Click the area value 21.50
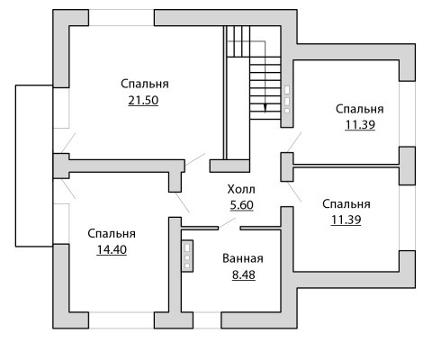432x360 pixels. [143, 101]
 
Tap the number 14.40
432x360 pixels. [112, 249]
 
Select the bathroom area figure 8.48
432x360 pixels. [244, 274]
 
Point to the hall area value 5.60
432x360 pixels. [242, 205]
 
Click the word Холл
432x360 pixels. [241, 190]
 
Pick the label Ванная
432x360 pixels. [243, 258]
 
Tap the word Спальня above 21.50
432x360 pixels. [145, 84]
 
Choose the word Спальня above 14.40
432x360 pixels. [112, 234]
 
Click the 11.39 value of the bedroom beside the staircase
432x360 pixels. [360, 125]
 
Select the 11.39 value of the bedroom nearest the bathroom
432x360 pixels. [346, 220]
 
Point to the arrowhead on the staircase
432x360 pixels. [265, 108]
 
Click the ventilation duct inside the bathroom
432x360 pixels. [187, 256]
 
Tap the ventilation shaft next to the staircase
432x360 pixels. [287, 100]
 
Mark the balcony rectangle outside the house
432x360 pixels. [15, 166]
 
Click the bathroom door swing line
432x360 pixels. [227, 223]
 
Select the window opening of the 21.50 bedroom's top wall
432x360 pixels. [121, 18]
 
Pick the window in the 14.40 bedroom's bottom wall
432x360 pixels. [121, 320]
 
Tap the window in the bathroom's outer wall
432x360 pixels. [207, 320]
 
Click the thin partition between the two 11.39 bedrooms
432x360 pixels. [346, 166]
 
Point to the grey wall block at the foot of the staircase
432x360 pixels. [229, 166]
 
